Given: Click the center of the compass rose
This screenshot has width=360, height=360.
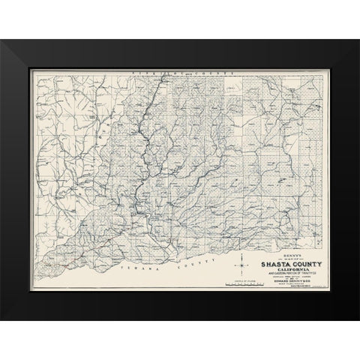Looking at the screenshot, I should (x=241, y=265).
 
